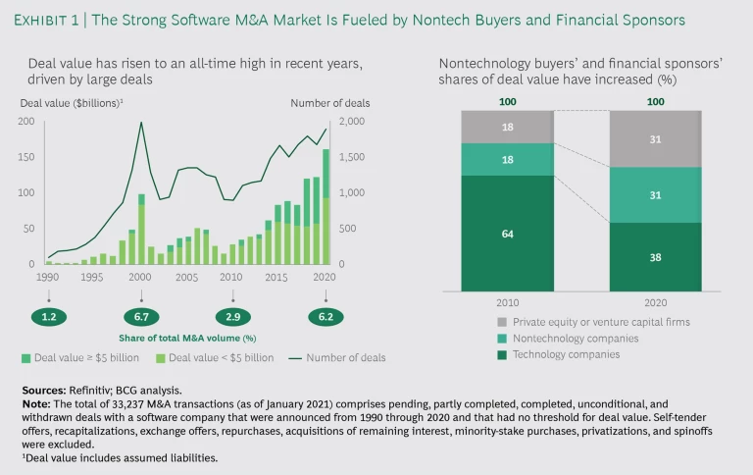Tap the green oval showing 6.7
142,316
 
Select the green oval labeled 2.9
232,316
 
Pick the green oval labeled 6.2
325,316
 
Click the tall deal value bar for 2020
325,206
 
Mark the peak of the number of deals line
141,123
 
